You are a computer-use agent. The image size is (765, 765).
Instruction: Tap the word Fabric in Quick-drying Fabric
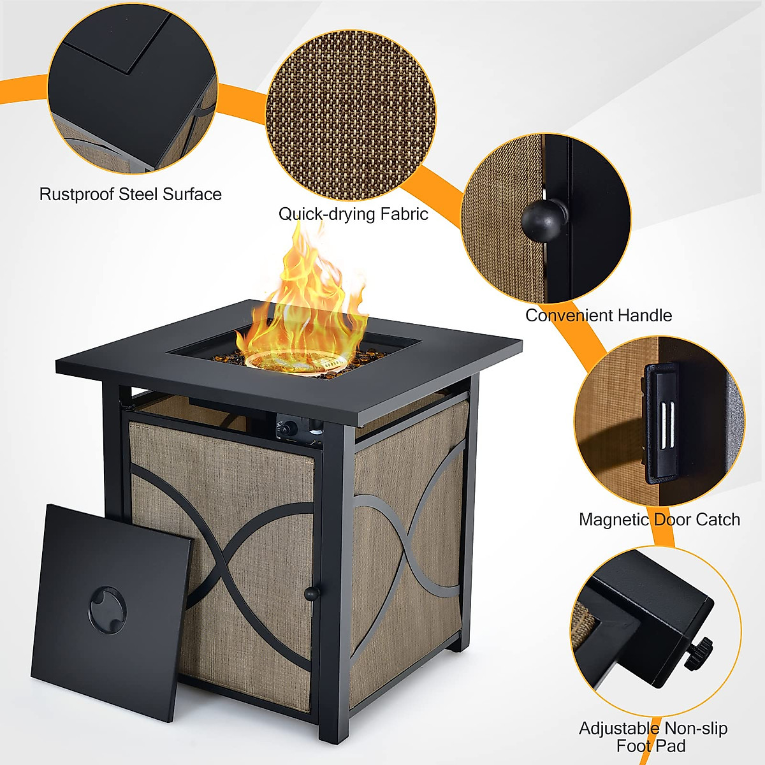[x=404, y=214]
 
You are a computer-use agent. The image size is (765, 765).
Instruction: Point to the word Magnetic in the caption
[x=613, y=520]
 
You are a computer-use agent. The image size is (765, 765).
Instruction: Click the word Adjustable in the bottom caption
[x=618, y=728]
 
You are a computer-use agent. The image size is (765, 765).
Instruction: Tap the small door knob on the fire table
[x=312, y=594]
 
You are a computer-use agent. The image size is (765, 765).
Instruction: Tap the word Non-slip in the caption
[x=696, y=728]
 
